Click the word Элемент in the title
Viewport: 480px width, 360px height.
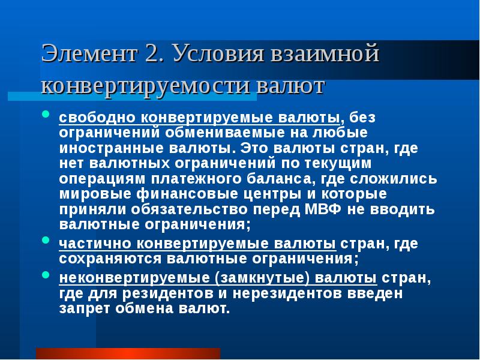click(89, 55)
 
